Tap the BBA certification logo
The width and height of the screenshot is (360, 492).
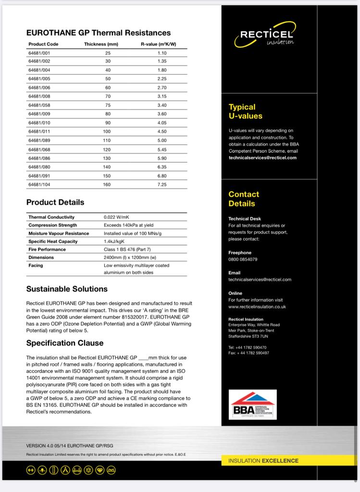(253, 406)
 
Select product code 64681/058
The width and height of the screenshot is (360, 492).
(39, 105)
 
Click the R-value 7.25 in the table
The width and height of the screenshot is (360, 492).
(162, 184)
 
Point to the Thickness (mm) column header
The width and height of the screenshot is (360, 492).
(101, 44)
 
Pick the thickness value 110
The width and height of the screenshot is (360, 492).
(107, 140)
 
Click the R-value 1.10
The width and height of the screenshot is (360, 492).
(162, 53)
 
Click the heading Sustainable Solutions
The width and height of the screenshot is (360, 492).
(67, 289)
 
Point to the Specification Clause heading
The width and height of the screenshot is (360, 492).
(65, 343)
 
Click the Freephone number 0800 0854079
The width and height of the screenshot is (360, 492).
(243, 259)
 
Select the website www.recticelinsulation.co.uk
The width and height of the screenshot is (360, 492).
(257, 307)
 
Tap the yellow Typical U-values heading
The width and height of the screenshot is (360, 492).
(245, 111)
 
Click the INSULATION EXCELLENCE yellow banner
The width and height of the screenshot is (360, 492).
(263, 460)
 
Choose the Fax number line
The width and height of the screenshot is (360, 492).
(248, 353)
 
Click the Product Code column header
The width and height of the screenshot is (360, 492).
(43, 44)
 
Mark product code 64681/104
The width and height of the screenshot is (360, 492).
(39, 184)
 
